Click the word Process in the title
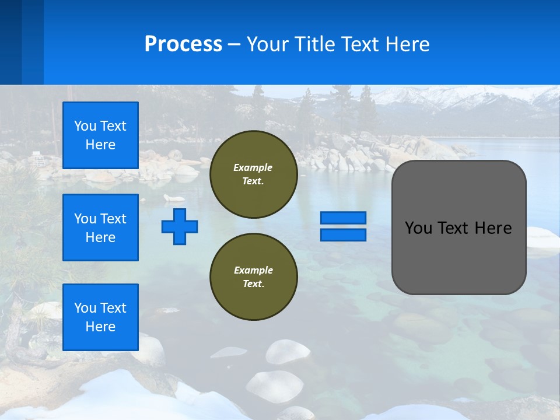183,44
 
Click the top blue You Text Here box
100,135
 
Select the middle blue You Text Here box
100,228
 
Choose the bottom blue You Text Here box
100,317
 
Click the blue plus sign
180,226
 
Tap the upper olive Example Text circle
253,174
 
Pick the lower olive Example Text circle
253,277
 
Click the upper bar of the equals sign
343,218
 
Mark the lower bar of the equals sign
343,235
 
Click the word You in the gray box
418,228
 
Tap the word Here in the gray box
494,228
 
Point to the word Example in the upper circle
253,167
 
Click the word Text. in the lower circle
253,284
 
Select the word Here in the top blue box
100,145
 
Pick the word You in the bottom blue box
85,308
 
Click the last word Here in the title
408,44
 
